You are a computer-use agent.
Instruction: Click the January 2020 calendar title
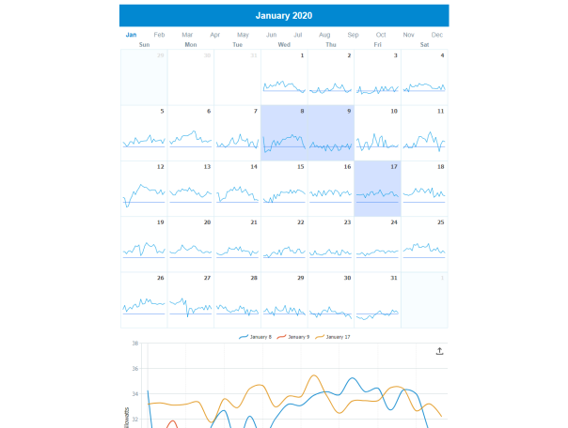point(284,16)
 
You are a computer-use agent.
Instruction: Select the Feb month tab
point(159,35)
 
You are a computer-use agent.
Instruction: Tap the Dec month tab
point(437,35)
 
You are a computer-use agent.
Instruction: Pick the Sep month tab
point(353,35)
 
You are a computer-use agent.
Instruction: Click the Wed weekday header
point(284,44)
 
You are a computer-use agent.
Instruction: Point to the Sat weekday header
point(424,44)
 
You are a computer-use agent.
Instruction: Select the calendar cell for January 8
point(284,132)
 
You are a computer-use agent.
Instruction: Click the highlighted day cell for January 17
point(377,189)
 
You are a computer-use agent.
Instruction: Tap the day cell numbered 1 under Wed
point(284,77)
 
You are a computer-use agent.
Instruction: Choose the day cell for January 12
point(144,189)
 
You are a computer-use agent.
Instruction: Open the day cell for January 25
point(424,244)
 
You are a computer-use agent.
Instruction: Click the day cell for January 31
point(377,300)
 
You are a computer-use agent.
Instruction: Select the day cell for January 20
point(191,244)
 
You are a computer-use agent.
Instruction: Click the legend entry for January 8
point(255,336)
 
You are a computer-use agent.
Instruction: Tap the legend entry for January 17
point(333,336)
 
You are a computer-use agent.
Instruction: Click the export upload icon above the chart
point(439,351)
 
